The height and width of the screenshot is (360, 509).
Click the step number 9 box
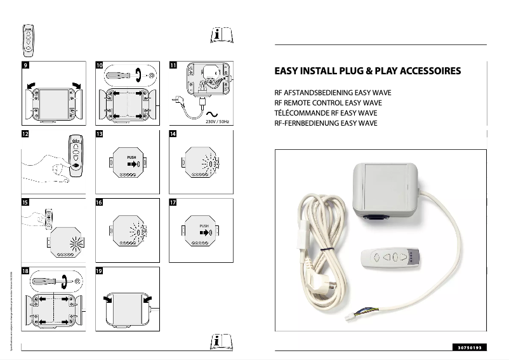pyautogui.click(x=25, y=65)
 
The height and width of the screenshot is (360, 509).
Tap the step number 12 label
pyautogui.click(x=25, y=135)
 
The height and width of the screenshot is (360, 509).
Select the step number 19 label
pyautogui.click(x=99, y=270)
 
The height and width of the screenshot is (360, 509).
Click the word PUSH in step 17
pyautogui.click(x=204, y=225)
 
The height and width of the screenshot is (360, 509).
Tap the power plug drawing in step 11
pyautogui.click(x=180, y=100)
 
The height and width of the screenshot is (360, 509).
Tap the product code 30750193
pyautogui.click(x=470, y=347)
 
